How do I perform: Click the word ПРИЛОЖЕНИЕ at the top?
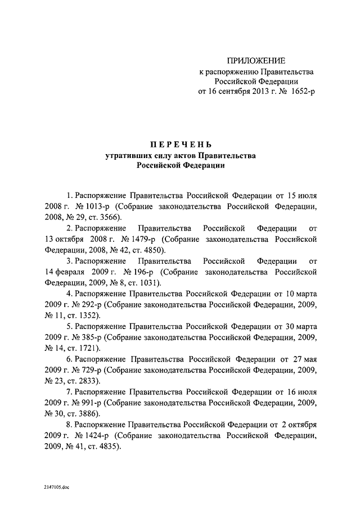pyautogui.click(x=256, y=60)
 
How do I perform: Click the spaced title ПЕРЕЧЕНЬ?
pyautogui.click(x=179, y=145)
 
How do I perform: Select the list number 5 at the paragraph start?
pyautogui.click(x=69, y=326)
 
